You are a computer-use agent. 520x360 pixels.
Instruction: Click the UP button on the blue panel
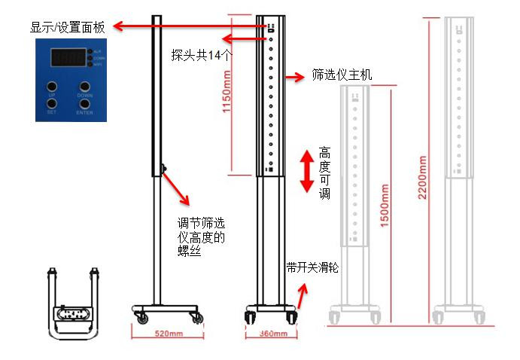point(52,86)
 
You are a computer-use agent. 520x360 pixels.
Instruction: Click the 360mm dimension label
point(269,332)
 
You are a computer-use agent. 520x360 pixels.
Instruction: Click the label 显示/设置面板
point(67,27)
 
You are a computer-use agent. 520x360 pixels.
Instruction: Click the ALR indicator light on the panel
point(90,51)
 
